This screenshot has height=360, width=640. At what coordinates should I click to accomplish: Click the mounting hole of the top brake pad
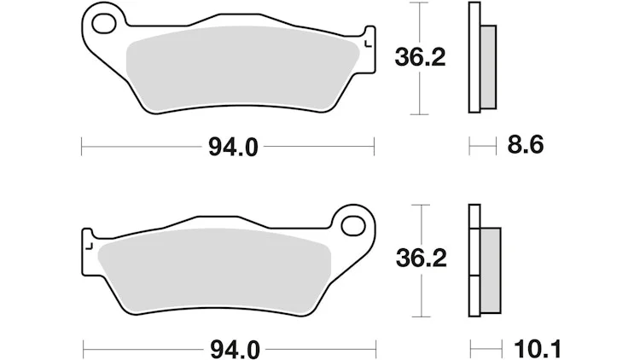104,23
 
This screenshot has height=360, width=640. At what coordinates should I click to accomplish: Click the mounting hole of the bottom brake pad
353,226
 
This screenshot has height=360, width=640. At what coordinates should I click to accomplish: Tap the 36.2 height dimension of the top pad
420,57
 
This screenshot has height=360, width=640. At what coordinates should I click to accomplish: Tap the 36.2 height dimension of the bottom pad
422,258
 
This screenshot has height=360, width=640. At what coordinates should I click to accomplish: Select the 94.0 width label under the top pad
233,147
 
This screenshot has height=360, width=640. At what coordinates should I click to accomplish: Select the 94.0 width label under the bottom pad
235,350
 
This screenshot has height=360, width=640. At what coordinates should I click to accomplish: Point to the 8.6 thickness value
526,145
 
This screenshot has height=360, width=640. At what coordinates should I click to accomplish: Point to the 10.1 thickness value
538,350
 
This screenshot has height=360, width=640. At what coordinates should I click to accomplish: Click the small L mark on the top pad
368,44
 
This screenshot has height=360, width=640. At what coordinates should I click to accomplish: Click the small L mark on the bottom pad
90,246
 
